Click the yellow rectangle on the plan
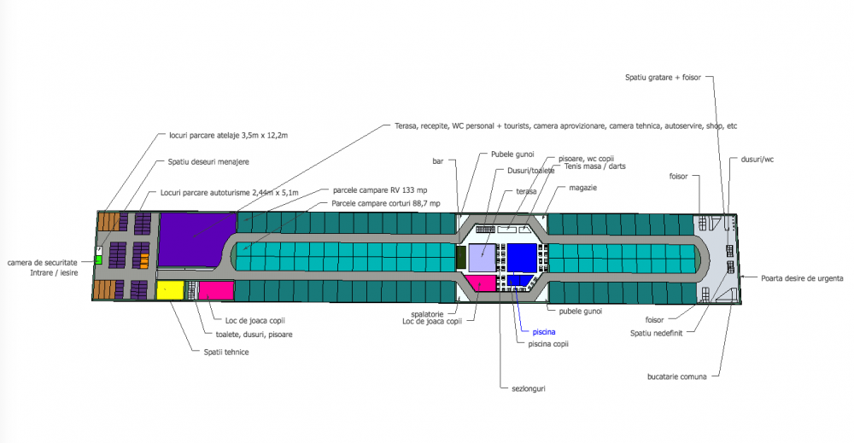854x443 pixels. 170,289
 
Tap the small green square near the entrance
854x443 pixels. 98,259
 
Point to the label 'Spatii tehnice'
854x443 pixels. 225,352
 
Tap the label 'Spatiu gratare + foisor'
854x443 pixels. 663,78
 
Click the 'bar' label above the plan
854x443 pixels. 439,160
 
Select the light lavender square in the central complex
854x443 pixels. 482,257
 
